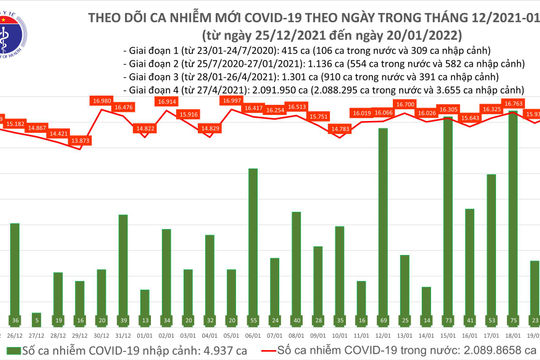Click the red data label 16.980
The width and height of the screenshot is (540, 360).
pyautogui.click(x=100, y=100)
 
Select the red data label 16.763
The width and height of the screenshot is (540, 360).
pyautogui.click(x=517, y=102)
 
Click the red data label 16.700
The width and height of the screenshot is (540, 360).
pyautogui.click(x=406, y=104)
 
